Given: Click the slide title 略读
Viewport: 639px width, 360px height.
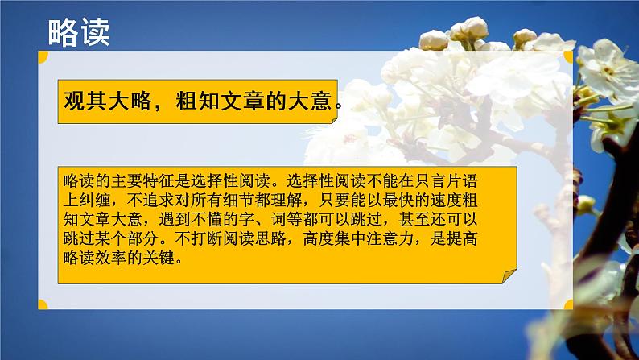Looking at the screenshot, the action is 79,32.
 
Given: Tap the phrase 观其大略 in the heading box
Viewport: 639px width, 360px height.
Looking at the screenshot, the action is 108,101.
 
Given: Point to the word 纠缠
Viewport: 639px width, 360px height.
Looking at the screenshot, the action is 95,201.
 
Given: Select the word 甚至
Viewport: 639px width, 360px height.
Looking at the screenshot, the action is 414,219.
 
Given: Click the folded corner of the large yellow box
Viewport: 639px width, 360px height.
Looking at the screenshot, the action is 509,275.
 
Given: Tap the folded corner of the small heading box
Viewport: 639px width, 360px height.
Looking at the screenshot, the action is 335,120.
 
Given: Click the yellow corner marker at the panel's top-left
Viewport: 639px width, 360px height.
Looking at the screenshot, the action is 43,56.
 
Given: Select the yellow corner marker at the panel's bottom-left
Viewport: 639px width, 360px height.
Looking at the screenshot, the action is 43,304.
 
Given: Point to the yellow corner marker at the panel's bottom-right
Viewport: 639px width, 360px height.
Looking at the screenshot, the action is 568,304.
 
